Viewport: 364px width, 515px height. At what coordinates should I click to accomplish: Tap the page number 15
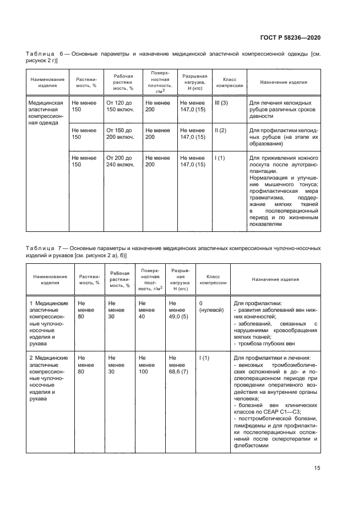click(317, 468)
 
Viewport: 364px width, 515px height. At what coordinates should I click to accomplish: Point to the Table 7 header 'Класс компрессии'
click(213, 279)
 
